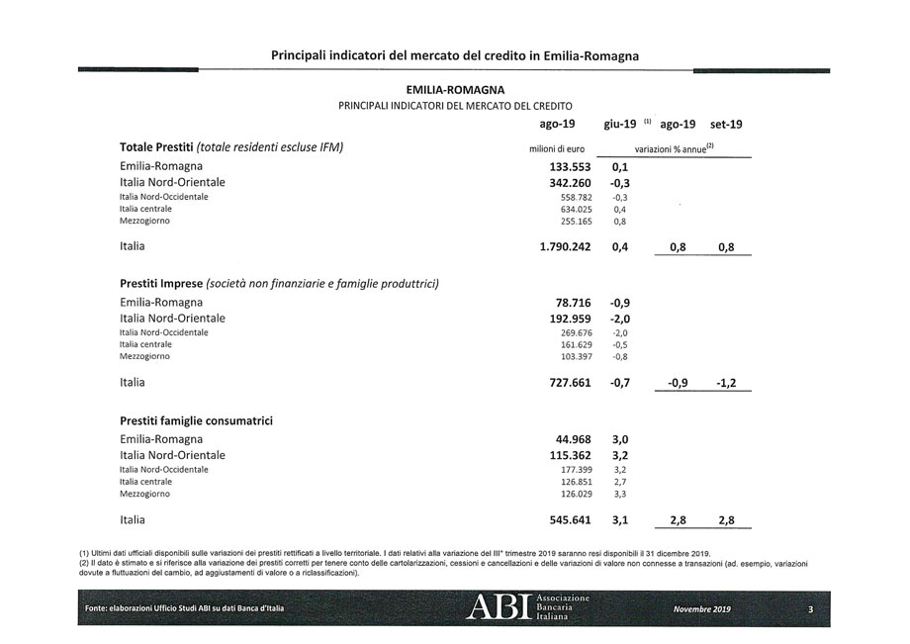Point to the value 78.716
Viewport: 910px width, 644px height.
pos(570,302)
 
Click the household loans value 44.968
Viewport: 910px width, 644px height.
pos(570,438)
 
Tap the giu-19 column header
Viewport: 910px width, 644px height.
pos(620,125)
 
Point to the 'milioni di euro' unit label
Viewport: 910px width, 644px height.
pos(560,148)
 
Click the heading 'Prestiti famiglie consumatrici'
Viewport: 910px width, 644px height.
pos(196,420)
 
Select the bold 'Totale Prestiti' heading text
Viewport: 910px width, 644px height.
pos(156,147)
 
